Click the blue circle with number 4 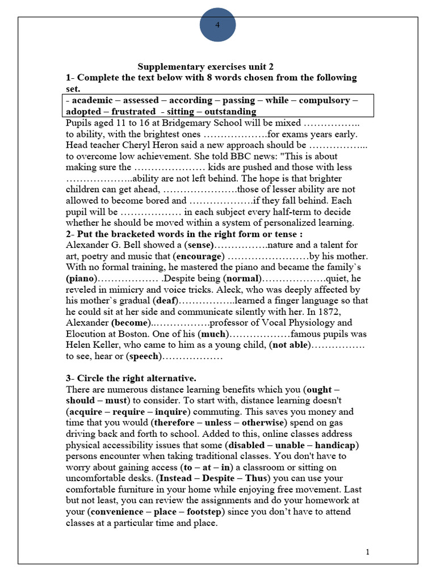tap(218, 24)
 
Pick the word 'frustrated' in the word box tap(133, 111)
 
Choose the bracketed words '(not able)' tap(290, 345)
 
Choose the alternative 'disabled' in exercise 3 tap(246, 445)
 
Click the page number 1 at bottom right tap(367, 552)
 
